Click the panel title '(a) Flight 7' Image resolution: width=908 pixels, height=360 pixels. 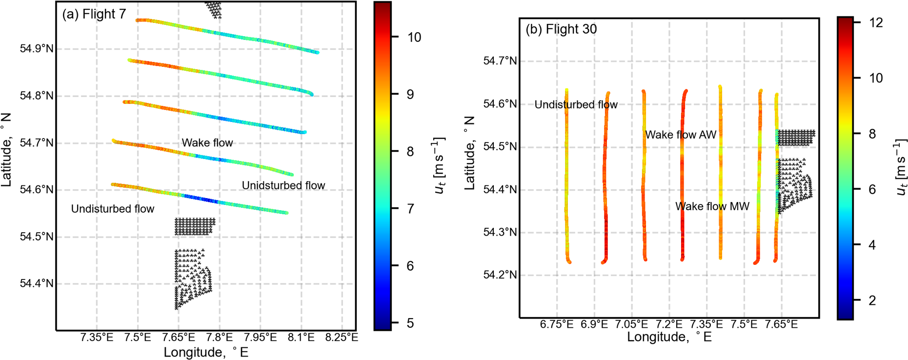point(94,14)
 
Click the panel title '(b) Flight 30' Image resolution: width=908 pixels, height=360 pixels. point(561,29)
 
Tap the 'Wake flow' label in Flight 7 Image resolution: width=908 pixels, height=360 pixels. point(207,143)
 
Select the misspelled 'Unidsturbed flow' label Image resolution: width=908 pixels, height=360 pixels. point(283,185)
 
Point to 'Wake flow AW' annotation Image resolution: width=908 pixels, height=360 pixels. point(681,135)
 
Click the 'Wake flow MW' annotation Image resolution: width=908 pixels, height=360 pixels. point(712,206)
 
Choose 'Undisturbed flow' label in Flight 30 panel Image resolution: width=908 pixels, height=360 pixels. point(576,104)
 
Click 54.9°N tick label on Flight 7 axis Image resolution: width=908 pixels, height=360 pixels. point(37,49)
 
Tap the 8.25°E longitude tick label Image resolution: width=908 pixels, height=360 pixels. point(342,337)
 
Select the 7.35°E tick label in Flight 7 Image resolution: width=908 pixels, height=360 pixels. point(97,337)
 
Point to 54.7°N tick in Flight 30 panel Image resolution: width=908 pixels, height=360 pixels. point(500,61)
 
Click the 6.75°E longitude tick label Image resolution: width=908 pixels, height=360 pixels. point(557,324)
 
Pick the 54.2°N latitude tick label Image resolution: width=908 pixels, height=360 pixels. point(500,275)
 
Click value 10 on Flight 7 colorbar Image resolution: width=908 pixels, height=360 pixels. point(414,37)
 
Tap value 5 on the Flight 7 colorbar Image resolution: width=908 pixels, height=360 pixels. point(410,323)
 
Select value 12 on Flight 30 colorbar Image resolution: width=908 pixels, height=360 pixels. point(876,22)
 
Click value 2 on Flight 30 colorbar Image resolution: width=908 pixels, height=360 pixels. point(872,300)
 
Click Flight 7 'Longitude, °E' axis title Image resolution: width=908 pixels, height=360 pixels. point(206,352)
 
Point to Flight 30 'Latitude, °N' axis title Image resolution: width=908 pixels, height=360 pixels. point(469,153)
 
